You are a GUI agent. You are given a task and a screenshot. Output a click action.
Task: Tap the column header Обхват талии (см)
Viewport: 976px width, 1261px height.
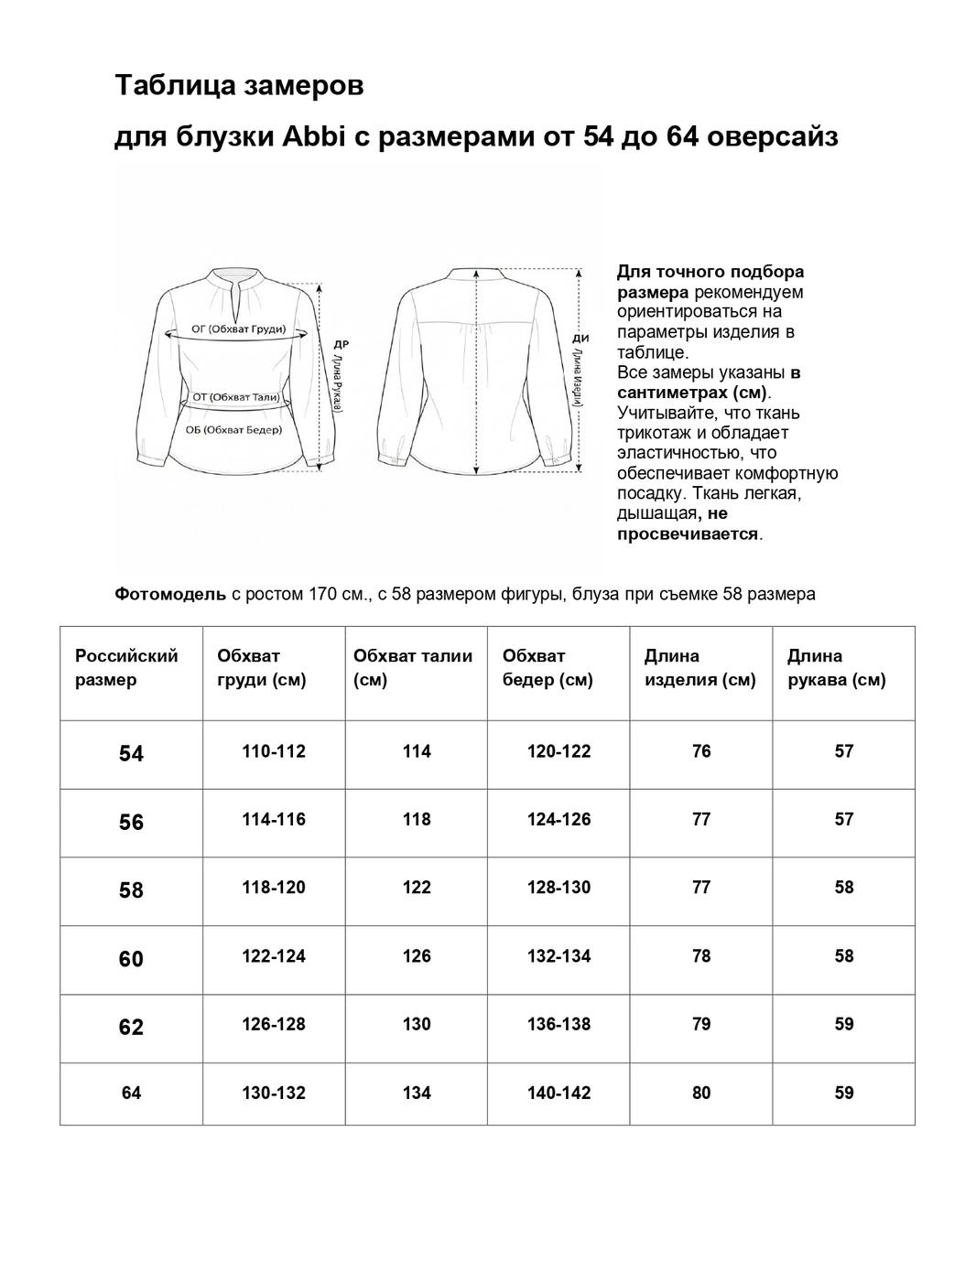click(413, 667)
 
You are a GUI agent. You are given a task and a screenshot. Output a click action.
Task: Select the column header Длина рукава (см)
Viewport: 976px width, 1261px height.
click(836, 667)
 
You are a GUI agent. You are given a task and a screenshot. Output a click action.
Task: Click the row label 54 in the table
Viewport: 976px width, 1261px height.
click(131, 754)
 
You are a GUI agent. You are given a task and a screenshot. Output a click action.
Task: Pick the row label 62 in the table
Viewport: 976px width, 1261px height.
click(131, 1027)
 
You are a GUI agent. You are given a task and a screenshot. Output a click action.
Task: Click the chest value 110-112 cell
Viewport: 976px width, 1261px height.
click(274, 751)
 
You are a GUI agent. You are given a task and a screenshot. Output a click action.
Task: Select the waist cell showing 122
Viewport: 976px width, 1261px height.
click(417, 888)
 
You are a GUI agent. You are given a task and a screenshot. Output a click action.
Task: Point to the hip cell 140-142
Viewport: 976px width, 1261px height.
click(558, 1093)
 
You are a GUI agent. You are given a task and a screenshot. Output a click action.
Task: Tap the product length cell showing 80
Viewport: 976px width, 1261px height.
click(701, 1093)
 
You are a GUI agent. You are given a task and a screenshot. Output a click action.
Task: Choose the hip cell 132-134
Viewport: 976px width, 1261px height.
click(558, 956)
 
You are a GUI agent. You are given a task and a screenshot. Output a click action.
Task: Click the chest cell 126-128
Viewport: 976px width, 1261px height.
click(274, 1024)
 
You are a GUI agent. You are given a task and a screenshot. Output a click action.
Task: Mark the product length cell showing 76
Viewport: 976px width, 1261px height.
click(701, 751)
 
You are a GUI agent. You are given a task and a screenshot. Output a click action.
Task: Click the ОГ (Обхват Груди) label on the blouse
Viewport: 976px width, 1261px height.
click(238, 329)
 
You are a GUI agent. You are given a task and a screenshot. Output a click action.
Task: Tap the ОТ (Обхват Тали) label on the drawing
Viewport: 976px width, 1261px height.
click(235, 397)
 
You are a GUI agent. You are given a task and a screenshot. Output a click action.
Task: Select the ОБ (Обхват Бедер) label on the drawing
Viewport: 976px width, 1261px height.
click(234, 429)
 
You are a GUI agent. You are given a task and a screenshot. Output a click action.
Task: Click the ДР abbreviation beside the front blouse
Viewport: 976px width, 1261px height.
click(341, 345)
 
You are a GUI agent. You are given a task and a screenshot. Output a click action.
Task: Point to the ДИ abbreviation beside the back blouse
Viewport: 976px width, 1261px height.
click(580, 338)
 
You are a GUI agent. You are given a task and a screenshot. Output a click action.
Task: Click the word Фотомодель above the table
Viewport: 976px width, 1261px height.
click(170, 594)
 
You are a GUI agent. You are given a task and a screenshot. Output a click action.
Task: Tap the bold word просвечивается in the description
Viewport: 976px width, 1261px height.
click(688, 533)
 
